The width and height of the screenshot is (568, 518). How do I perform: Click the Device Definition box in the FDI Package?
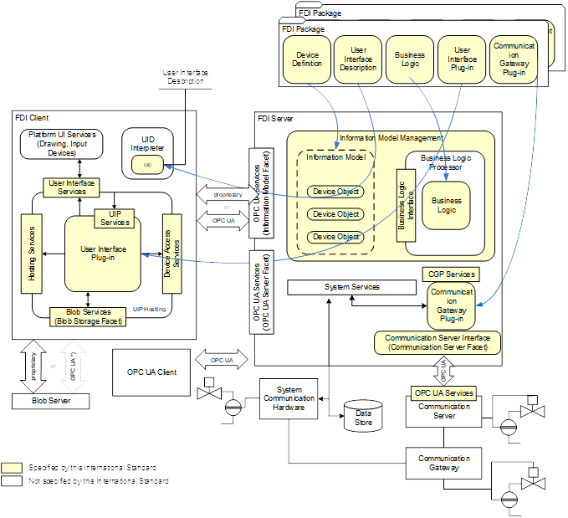click(307, 59)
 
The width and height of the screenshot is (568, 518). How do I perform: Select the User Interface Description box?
click(358, 59)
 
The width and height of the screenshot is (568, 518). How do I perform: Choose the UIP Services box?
click(115, 218)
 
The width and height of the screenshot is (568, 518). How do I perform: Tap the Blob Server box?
click(50, 401)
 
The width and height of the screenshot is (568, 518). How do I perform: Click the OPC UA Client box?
click(151, 372)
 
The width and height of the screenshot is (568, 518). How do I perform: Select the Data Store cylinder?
click(364, 415)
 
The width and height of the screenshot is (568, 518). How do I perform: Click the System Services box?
click(351, 287)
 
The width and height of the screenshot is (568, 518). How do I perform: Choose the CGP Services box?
click(451, 274)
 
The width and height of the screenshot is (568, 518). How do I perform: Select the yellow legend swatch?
click(13, 467)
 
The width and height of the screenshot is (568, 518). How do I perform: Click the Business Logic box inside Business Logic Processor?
click(446, 205)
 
